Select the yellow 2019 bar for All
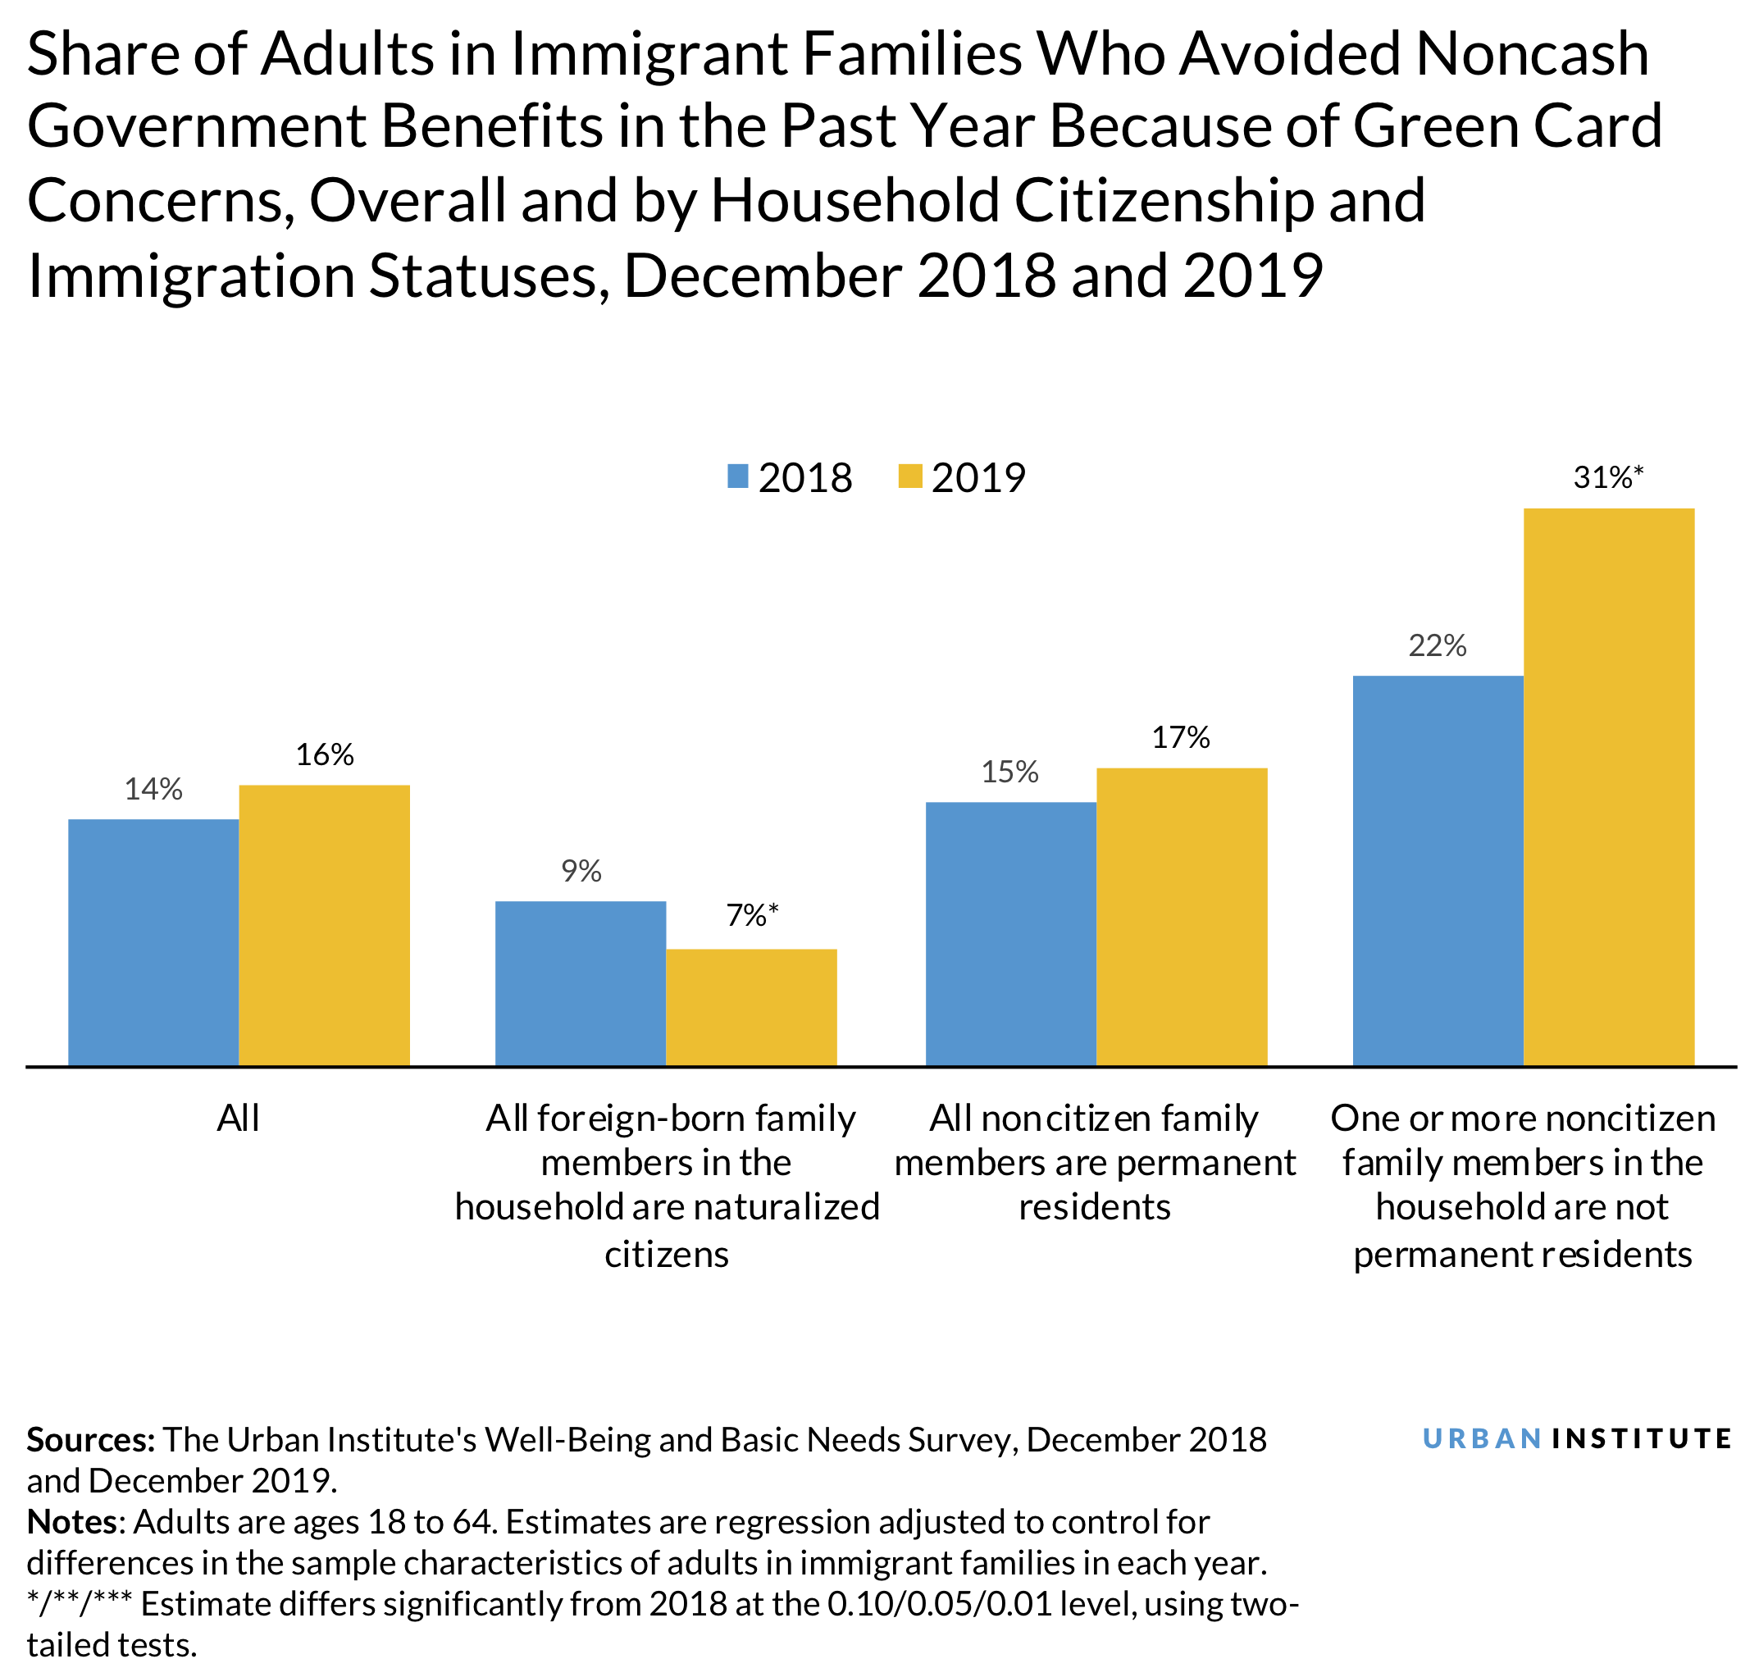click(324, 924)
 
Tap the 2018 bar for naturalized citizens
click(580, 982)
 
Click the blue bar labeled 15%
click(1010, 933)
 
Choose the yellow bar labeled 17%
click(1181, 916)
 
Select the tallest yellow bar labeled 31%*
click(1608, 786)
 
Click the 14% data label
click(153, 790)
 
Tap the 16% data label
click(325, 755)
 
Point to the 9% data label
click(581, 872)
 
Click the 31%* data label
click(1608, 478)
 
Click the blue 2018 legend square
click(737, 476)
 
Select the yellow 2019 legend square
click(909, 476)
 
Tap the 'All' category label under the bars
click(238, 1119)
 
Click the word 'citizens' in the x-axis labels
click(667, 1255)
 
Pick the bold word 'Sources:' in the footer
click(91, 1440)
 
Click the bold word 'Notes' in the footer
click(72, 1522)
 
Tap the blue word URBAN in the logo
click(1481, 1439)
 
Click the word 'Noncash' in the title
click(1532, 53)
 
